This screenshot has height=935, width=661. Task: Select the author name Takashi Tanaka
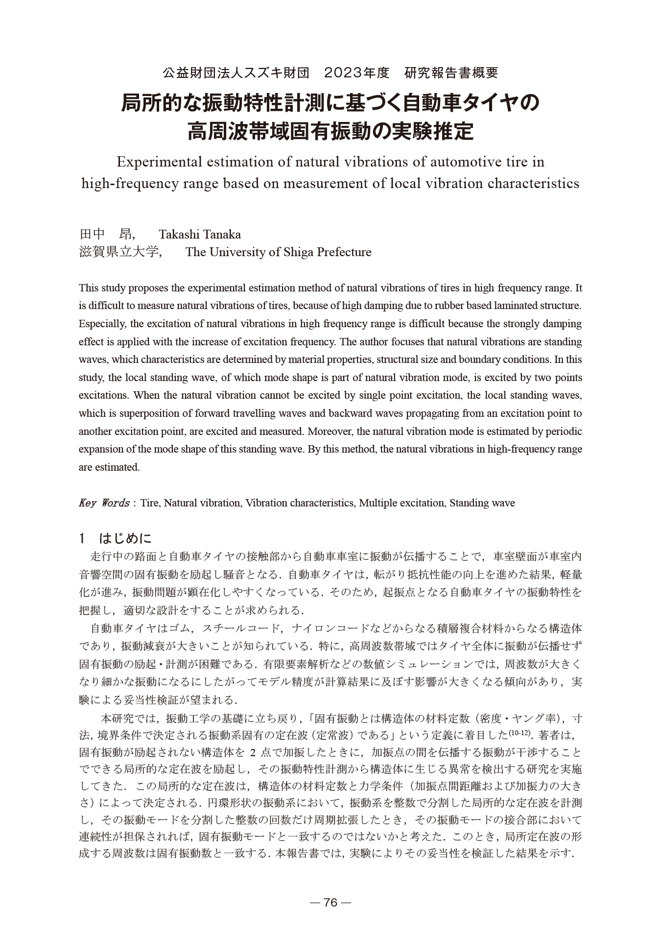click(x=199, y=234)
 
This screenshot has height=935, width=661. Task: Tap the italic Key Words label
click(x=104, y=503)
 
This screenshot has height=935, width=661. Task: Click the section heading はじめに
click(x=125, y=539)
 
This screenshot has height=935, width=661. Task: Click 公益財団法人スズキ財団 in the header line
click(x=236, y=73)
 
